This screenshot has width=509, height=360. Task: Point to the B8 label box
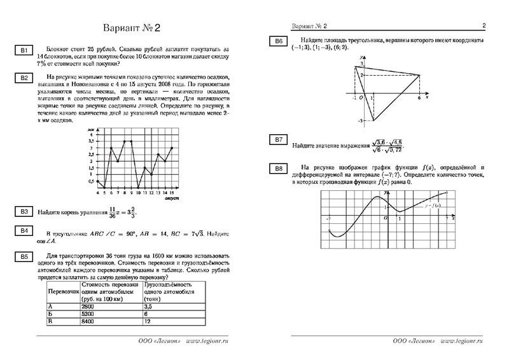(x=278, y=169)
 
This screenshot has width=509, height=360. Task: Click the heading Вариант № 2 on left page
(x=133, y=29)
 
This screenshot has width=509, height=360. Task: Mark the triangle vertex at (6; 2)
(x=420, y=75)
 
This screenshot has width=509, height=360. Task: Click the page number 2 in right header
(x=484, y=25)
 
